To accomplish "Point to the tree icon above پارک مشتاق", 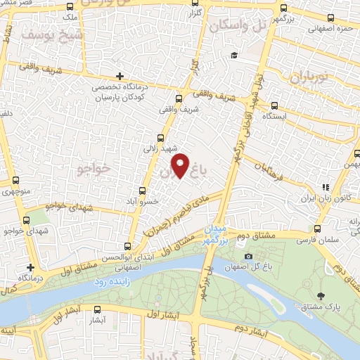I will pos(321,295).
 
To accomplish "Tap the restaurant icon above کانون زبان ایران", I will pos(326,187).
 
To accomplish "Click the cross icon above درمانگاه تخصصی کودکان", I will pos(120,76).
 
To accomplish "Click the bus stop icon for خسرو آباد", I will pos(143,191).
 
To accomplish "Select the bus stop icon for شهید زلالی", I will pos(162,139).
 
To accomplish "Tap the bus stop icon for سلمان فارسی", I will pos(317,229).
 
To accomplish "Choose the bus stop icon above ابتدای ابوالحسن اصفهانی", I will pos(127,246).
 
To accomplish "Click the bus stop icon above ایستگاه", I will pos(275,101).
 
